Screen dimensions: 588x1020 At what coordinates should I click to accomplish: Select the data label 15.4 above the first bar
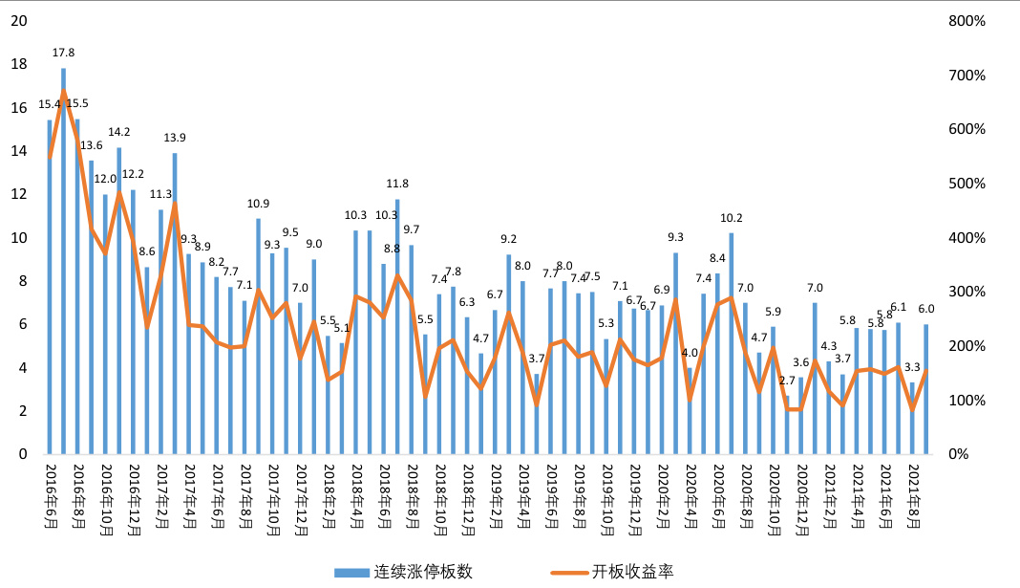(x=49, y=104)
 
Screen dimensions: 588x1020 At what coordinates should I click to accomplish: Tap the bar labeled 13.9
(x=175, y=306)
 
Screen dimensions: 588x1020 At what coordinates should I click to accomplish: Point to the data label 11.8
(x=397, y=184)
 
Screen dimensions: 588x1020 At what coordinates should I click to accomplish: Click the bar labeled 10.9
(x=258, y=335)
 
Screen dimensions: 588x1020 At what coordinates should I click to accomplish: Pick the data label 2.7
(x=787, y=381)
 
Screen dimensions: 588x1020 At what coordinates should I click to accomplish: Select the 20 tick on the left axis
(x=18, y=21)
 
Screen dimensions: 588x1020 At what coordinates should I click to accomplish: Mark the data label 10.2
(x=732, y=218)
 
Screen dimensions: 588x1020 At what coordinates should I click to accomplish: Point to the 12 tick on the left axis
(x=18, y=194)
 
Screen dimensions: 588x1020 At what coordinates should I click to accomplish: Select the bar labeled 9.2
(x=508, y=354)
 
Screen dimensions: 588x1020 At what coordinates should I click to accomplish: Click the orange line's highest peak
(x=64, y=91)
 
